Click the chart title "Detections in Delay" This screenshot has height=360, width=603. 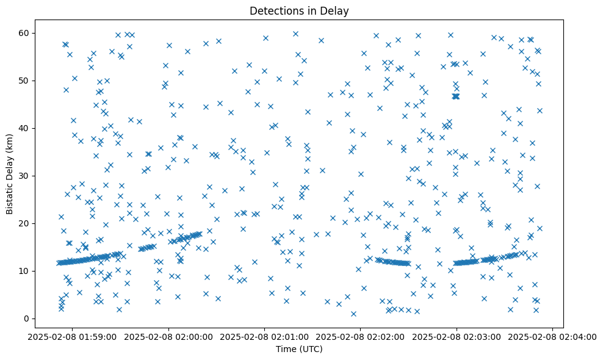coord(299,10)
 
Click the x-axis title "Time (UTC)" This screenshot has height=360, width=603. coord(299,349)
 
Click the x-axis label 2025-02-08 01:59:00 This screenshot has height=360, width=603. coord(73,336)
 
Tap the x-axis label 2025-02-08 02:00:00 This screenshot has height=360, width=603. coord(168,336)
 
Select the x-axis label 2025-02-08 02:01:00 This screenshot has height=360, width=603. coord(264,336)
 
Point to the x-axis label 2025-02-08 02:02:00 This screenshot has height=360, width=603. coord(360,336)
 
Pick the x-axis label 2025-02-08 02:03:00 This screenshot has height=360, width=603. coord(456,336)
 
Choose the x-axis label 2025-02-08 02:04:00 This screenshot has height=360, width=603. coord(552,336)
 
